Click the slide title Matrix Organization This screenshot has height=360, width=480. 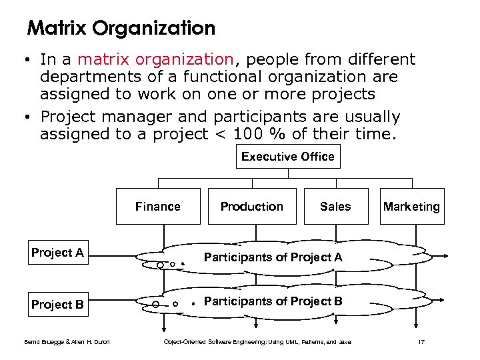tap(121, 29)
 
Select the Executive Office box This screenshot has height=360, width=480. tap(288, 157)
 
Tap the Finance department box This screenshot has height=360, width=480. tap(158, 207)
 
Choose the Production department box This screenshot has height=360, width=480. tap(252, 207)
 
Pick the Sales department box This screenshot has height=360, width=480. tap(335, 207)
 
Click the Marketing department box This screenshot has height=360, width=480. tap(411, 207)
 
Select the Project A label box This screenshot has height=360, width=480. tap(58, 253)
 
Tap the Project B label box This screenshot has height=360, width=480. tap(58, 305)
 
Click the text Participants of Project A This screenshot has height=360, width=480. tap(273, 257)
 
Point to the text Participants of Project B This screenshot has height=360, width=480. tap(273, 301)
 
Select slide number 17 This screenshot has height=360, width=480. tap(421, 343)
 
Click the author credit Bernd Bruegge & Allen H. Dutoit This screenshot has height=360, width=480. tap(67, 343)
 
